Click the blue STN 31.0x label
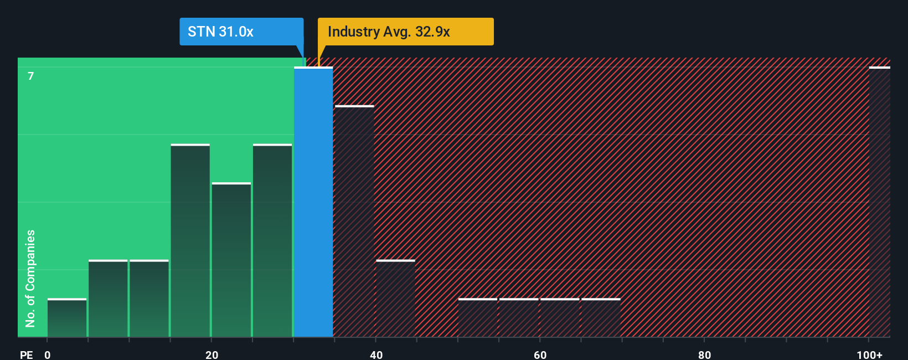241,32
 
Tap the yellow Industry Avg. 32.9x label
405,32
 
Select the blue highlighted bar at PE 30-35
313,202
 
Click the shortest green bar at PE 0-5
67,318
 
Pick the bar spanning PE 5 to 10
108,299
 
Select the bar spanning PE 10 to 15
149,299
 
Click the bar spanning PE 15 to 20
190,241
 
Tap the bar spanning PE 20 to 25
231,260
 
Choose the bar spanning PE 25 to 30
272,241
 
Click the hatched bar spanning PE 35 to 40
354,222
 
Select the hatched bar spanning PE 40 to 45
395,299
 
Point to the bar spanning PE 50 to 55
478,318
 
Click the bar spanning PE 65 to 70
601,318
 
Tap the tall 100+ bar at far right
879,202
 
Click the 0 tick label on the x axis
48,354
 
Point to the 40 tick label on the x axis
376,354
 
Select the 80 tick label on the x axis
704,354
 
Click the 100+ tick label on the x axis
869,354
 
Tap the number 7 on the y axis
31,76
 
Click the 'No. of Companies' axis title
30,278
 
